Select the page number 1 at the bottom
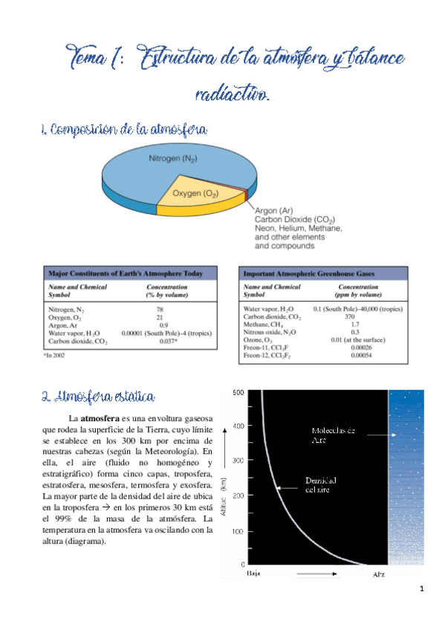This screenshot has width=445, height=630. pyautogui.click(x=421, y=590)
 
